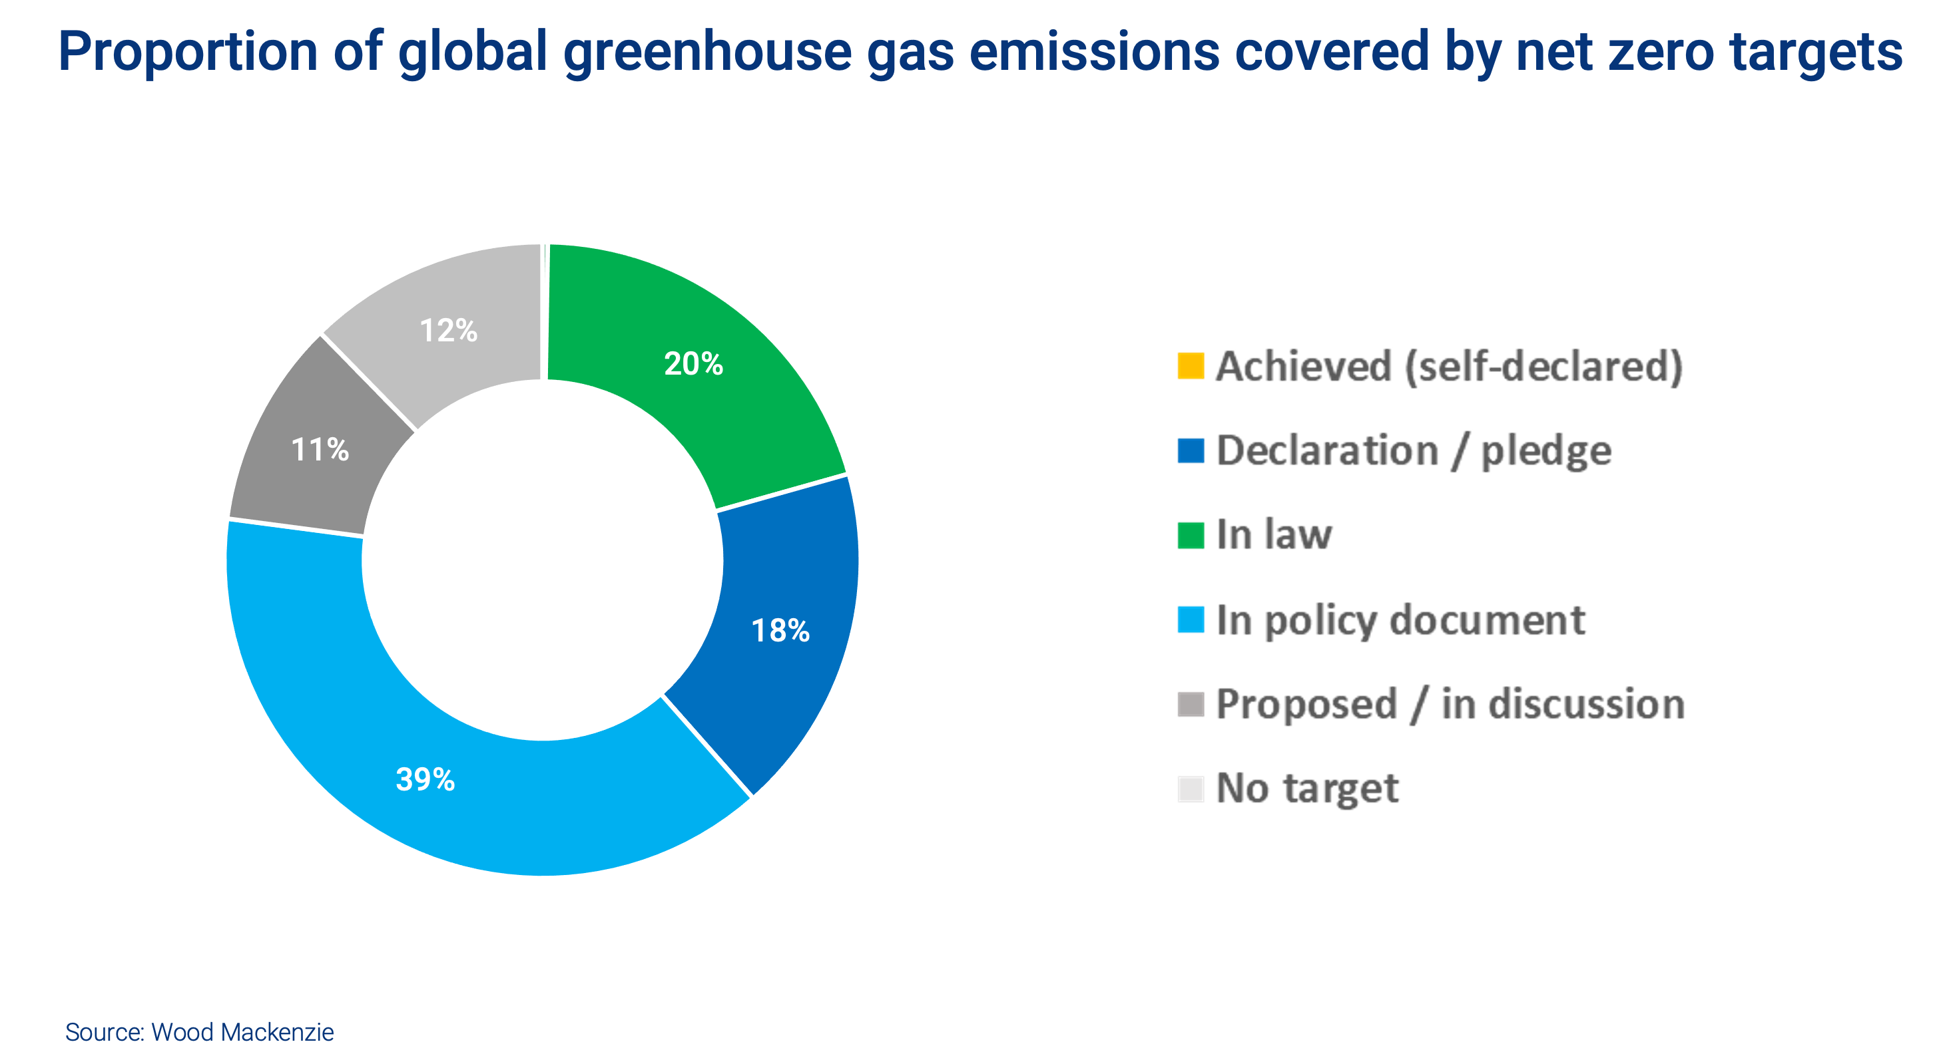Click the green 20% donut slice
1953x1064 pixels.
pyautogui.click(x=728, y=402)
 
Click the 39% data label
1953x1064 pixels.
pyautogui.click(x=425, y=780)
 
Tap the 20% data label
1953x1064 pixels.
pyautogui.click(x=693, y=365)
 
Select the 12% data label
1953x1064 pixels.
pyautogui.click(x=448, y=331)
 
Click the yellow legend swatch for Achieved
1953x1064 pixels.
pyautogui.click(x=1191, y=366)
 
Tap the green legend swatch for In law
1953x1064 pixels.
pyautogui.click(x=1191, y=535)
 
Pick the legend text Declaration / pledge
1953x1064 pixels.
pyautogui.click(x=1413, y=452)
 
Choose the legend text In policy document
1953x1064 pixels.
pyautogui.click(x=1400, y=621)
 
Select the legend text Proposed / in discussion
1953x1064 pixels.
pyautogui.click(x=1449, y=705)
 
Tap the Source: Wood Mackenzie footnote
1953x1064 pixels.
pyautogui.click(x=199, y=1032)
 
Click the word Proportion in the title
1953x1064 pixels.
pyautogui.click(x=188, y=53)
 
